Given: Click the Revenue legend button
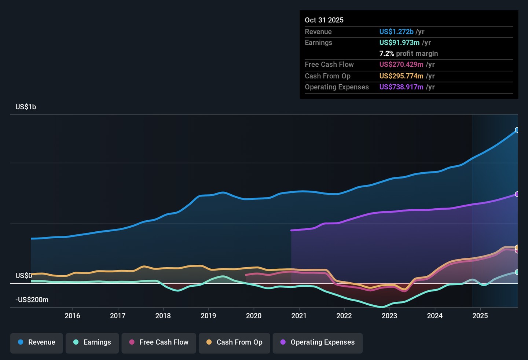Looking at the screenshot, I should (x=37, y=342).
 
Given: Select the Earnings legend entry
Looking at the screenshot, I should (x=92, y=342).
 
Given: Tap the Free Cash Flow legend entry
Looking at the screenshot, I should (x=159, y=342).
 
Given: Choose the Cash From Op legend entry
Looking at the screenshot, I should (x=235, y=342).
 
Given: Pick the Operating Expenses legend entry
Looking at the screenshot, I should (x=318, y=342).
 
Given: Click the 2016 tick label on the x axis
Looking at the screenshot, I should (x=72, y=316).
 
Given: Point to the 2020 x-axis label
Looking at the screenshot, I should (x=254, y=316).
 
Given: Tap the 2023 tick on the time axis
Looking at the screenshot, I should (x=389, y=316).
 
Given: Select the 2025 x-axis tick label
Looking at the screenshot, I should (x=480, y=316).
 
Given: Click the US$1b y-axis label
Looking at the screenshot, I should (x=26, y=107).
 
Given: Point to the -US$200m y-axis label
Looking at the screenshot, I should (x=32, y=300).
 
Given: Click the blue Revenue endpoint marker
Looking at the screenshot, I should (x=517, y=130).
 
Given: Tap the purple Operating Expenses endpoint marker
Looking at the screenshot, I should (x=517, y=194).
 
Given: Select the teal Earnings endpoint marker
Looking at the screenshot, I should (x=517, y=272).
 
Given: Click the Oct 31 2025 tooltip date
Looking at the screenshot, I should (x=324, y=20).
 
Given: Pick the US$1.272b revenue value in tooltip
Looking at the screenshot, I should (x=396, y=32).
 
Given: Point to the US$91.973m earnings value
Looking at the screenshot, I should (x=399, y=43).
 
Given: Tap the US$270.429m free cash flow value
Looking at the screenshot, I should (x=401, y=65).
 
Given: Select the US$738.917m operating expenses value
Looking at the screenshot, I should (x=401, y=87).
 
